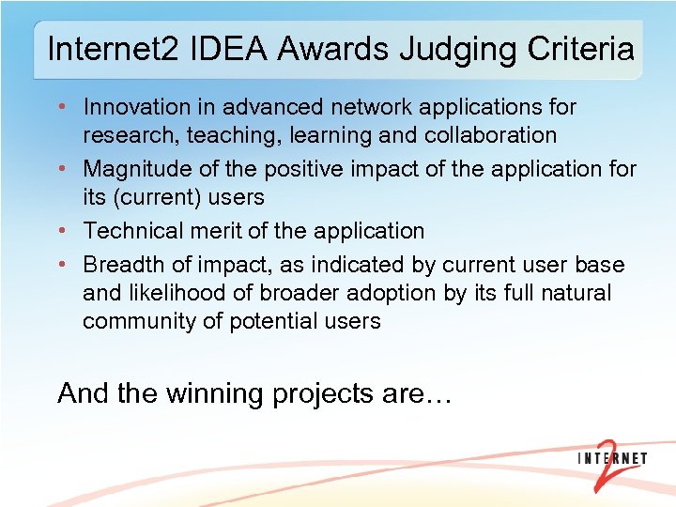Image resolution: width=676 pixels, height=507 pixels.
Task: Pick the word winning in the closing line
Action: [215, 393]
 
